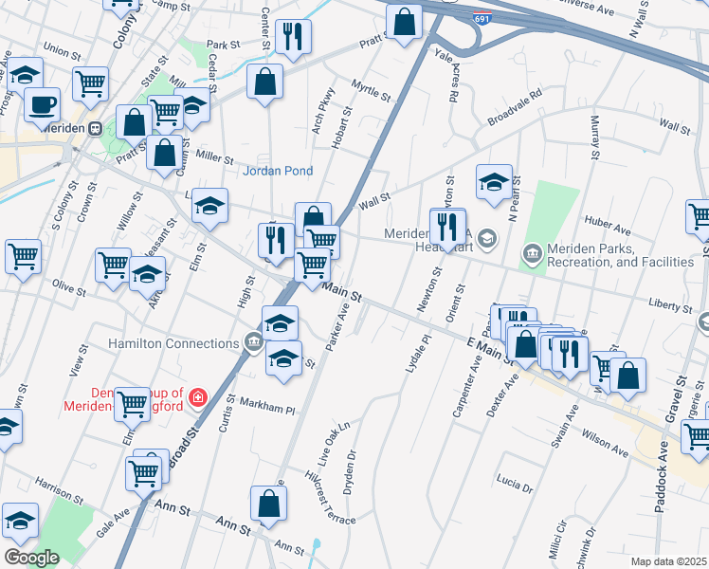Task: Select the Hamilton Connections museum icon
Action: [x=253, y=342]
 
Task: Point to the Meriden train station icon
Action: [x=96, y=128]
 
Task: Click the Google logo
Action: [x=31, y=558]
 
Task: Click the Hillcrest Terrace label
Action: [x=330, y=496]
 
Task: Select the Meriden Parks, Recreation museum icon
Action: [x=532, y=252]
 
